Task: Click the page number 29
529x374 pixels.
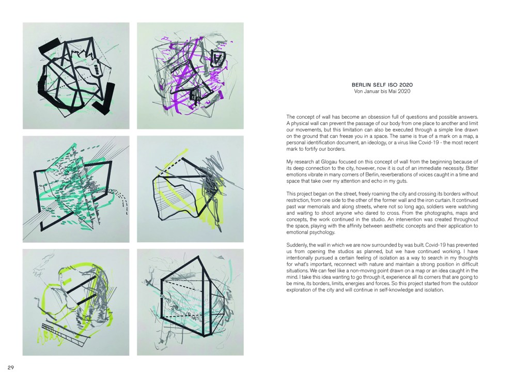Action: tap(10, 368)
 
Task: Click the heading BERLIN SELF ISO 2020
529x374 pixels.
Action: tap(382, 85)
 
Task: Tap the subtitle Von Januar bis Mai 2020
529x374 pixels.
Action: tap(382, 91)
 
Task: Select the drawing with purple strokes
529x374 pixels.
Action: tap(190, 75)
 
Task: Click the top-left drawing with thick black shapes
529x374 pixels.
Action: tap(76, 75)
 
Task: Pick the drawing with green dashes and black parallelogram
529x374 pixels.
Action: tap(76, 189)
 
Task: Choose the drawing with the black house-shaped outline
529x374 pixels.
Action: tap(190, 302)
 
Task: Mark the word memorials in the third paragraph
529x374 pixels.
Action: tap(319, 207)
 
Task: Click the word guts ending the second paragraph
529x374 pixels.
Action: tap(402, 181)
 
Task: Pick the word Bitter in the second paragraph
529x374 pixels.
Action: tap(472, 168)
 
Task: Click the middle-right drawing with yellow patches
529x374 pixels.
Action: tap(190, 189)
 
